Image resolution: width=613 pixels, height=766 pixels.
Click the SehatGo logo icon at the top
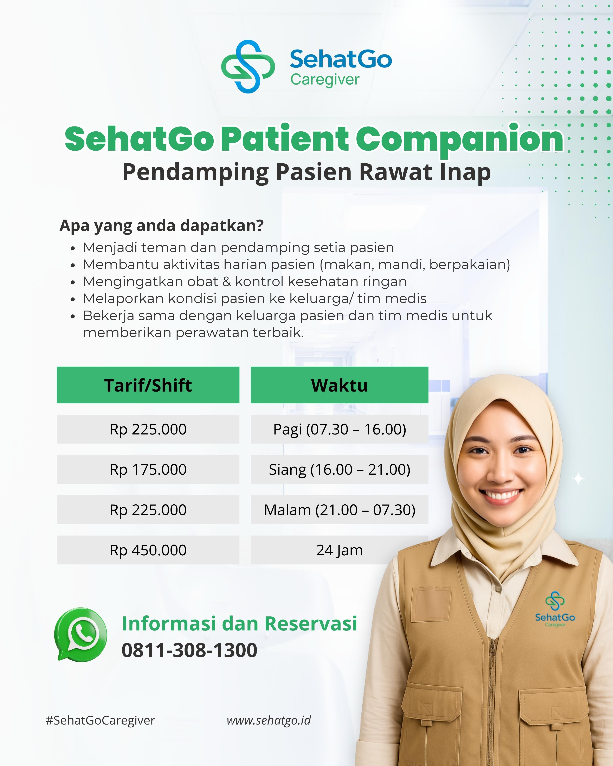tap(248, 66)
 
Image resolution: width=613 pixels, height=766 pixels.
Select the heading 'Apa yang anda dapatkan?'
tap(162, 226)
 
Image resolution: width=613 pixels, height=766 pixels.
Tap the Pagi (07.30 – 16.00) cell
tap(339, 429)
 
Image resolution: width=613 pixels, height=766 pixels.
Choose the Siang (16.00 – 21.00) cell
tap(339, 469)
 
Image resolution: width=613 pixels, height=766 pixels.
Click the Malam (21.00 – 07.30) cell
tap(339, 510)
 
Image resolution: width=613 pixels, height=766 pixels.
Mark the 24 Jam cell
tap(339, 550)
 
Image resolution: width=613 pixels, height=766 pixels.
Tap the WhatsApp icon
tap(81, 634)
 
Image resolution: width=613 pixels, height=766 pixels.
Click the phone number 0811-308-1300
tap(189, 650)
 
